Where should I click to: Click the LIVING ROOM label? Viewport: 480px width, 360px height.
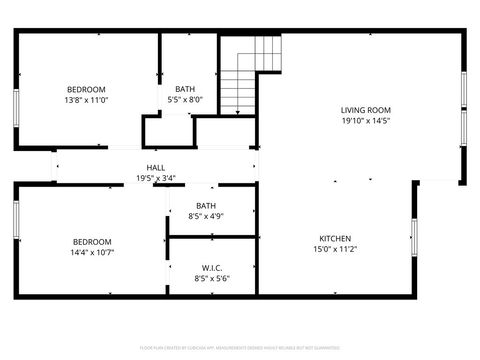(365, 110)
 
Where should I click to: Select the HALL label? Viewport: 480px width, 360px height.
(155, 168)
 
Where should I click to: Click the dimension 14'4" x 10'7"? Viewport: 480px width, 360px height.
(91, 252)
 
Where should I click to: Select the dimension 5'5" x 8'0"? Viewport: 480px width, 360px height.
(185, 99)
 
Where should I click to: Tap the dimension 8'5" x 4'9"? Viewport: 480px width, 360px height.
(205, 215)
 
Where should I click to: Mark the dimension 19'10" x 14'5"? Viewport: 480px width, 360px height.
(365, 121)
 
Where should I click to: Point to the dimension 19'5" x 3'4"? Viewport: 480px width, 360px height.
(155, 178)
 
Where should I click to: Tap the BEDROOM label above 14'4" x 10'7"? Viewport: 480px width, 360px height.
(91, 241)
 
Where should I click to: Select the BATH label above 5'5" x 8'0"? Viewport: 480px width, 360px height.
(185, 88)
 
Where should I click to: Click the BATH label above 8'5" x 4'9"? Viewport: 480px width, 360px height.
(205, 204)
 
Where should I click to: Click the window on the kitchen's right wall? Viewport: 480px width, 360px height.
(414, 237)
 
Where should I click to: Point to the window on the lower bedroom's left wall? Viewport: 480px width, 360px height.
(16, 221)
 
